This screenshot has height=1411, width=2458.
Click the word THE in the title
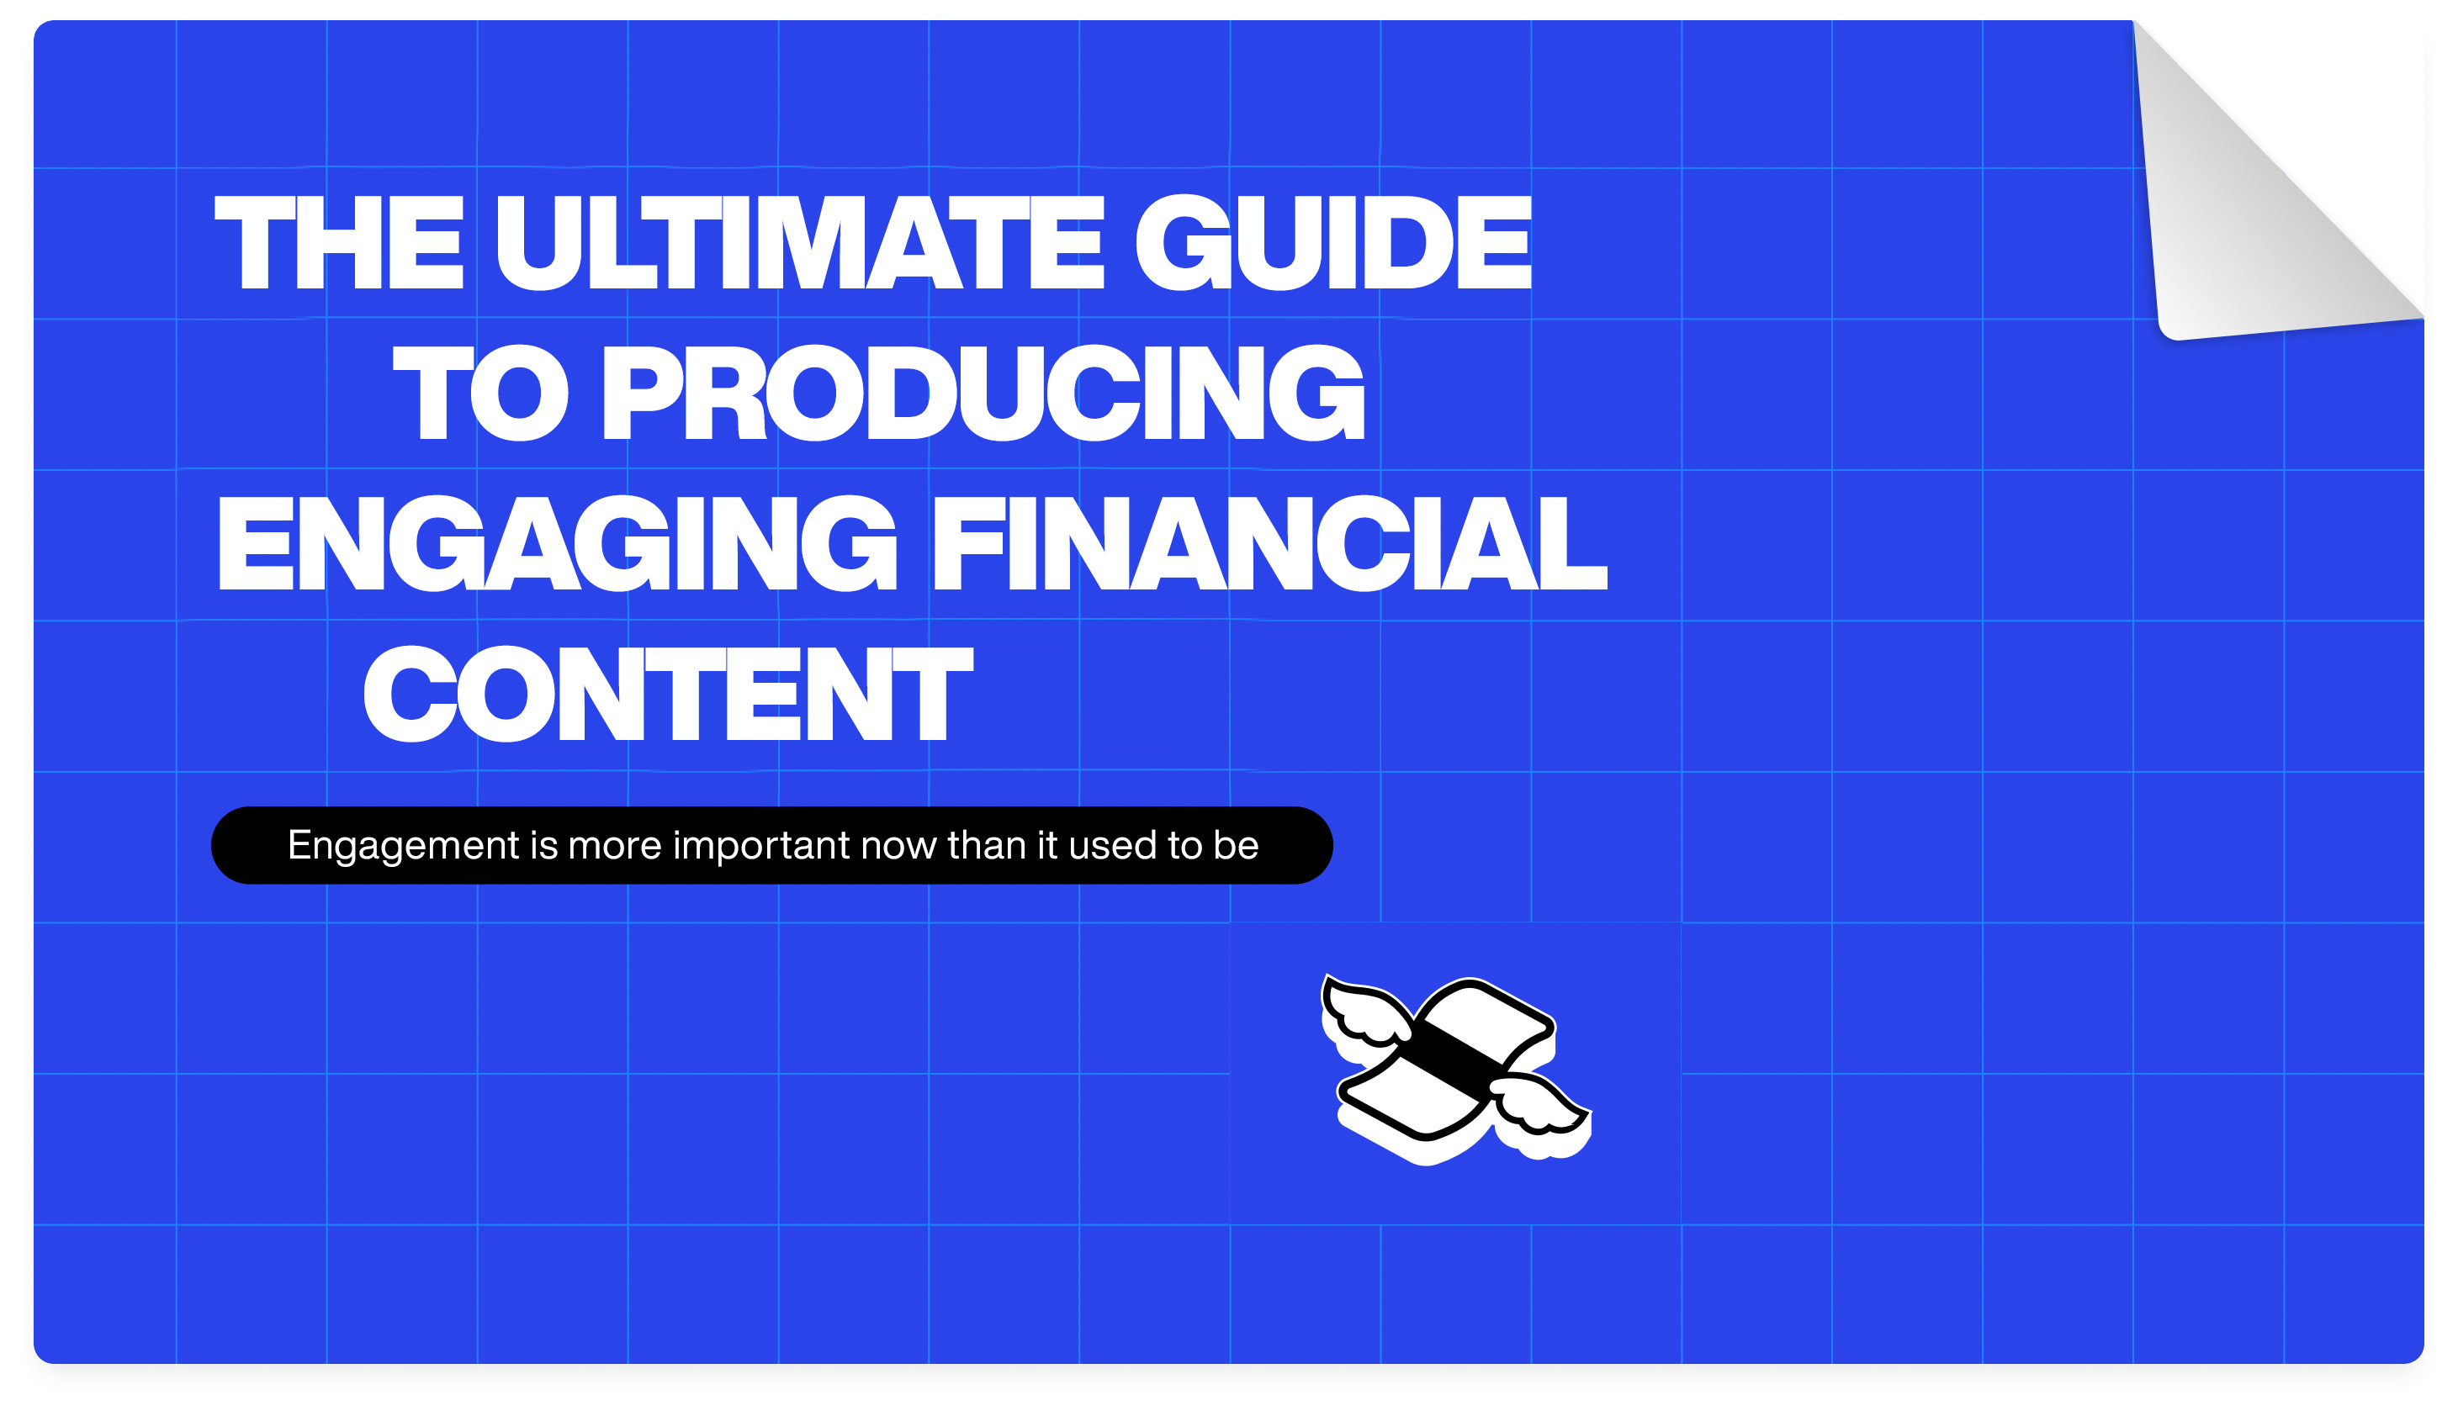339,242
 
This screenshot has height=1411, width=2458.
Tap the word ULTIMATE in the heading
800,242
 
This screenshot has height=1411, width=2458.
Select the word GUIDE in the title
1333,242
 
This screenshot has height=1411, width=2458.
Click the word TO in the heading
480,393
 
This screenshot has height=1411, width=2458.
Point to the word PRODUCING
983,393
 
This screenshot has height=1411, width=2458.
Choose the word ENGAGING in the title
558,542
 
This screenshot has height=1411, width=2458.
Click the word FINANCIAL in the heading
1269,542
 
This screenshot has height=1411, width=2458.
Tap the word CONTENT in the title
668,694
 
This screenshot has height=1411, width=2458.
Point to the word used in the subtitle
1113,846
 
